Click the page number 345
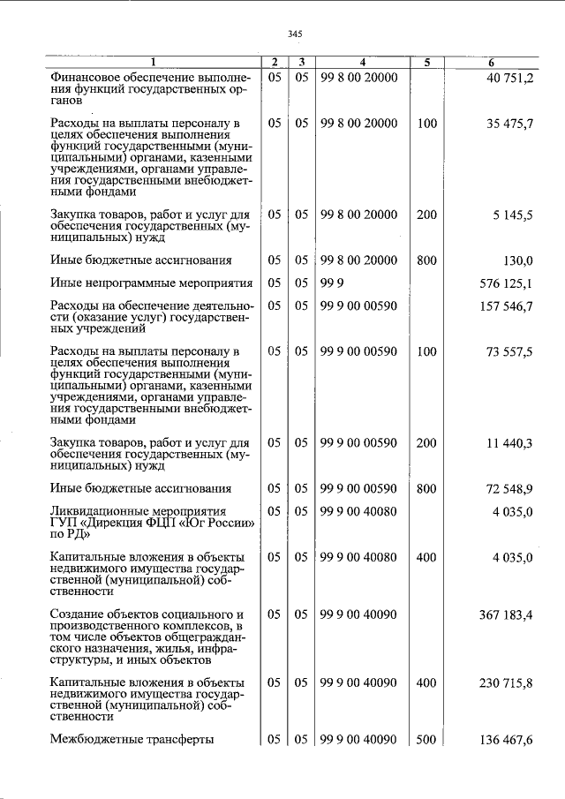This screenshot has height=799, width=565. tap(295, 34)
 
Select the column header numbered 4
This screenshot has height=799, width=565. tap(362, 63)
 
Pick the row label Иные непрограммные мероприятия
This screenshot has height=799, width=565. tap(152, 283)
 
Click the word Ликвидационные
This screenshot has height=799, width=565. tap(102, 511)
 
